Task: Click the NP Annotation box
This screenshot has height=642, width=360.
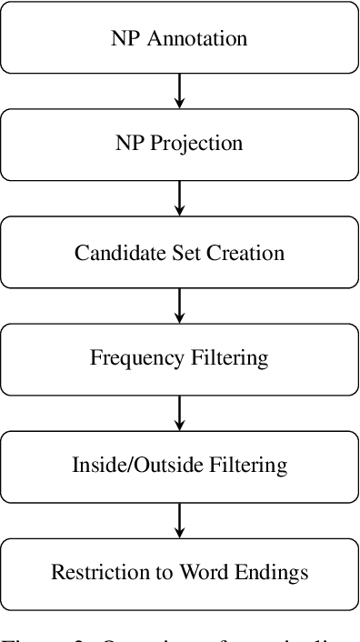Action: click(179, 39)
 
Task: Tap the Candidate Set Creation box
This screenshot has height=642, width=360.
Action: click(179, 252)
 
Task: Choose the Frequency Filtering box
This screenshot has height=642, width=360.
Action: click(179, 358)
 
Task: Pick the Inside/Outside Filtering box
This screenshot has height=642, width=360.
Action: click(179, 465)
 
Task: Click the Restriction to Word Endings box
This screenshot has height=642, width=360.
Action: click(179, 572)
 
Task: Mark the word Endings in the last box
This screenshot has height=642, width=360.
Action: click(275, 572)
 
